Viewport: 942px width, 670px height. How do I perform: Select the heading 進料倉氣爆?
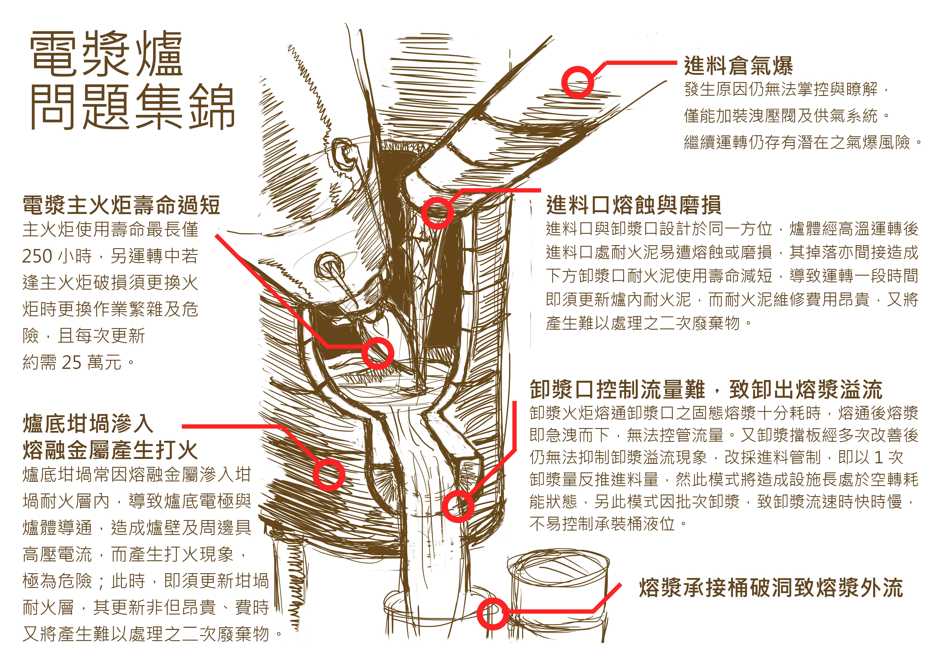pyautogui.click(x=738, y=66)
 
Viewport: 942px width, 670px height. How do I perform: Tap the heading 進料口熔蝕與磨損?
pyautogui.click(x=633, y=205)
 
